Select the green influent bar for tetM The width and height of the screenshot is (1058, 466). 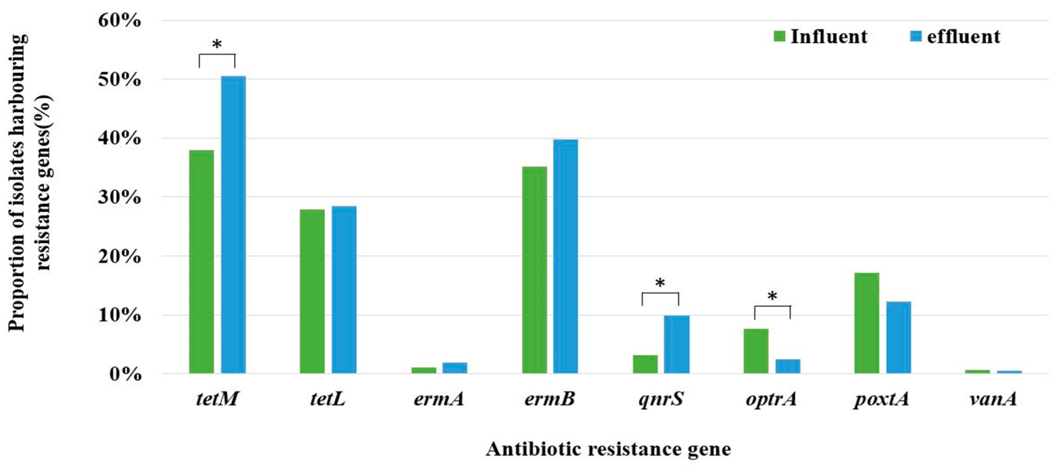tap(201, 262)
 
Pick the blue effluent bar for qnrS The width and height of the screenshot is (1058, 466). tap(676, 344)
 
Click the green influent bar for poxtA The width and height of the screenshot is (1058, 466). tap(867, 323)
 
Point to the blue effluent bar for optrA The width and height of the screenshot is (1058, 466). tap(788, 366)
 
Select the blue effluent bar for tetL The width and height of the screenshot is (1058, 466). tap(344, 290)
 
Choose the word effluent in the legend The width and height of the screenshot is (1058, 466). tap(963, 37)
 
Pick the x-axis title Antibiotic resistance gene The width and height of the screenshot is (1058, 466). tap(608, 449)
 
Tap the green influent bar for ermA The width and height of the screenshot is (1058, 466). tap(424, 370)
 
